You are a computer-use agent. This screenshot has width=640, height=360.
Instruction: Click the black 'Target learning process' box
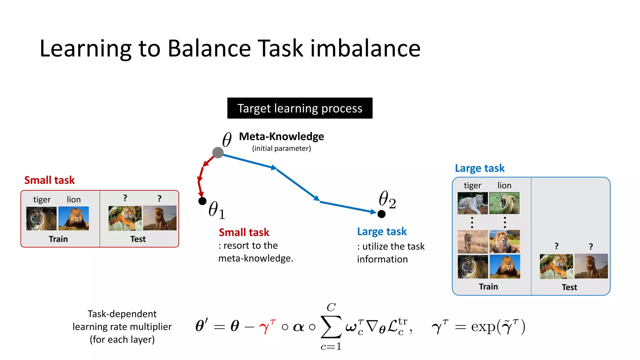300,108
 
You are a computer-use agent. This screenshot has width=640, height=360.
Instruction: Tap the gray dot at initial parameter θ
218,152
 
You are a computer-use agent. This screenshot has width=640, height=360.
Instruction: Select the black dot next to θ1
202,201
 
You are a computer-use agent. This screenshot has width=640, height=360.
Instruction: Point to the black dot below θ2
381,214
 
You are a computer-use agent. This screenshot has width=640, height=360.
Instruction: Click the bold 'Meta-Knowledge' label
281,137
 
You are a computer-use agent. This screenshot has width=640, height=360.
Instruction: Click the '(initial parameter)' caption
281,148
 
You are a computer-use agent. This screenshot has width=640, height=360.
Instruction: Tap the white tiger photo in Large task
472,203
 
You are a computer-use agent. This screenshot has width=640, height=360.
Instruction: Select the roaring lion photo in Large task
504,203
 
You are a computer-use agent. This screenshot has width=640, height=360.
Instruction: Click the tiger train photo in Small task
41,218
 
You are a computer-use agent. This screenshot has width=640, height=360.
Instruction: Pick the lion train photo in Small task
74,218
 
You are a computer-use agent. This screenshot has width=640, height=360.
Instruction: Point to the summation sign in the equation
331,327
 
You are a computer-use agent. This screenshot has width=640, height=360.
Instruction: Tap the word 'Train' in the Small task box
58,239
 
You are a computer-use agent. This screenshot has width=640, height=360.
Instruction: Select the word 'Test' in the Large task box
569,287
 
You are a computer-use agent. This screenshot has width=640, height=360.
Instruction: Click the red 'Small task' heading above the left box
49,180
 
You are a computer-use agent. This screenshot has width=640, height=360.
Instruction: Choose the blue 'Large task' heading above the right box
480,168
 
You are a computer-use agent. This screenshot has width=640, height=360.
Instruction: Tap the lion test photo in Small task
160,218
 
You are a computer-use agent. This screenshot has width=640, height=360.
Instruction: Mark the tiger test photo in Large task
556,266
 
